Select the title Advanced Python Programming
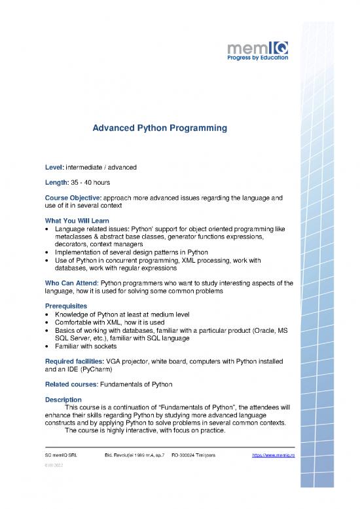160,129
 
